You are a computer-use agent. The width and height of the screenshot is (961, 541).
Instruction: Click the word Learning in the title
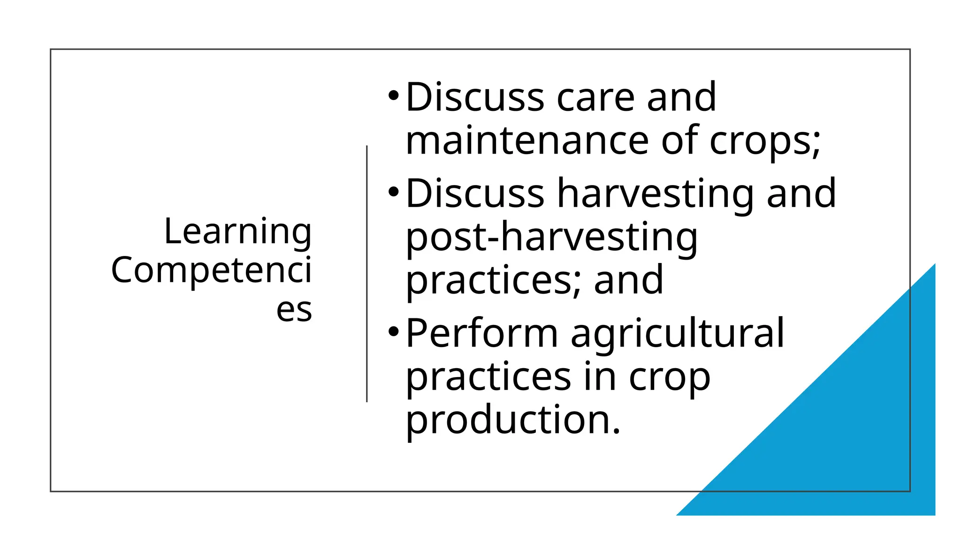[x=237, y=232]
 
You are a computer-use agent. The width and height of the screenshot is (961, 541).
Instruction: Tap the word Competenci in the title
[x=211, y=270]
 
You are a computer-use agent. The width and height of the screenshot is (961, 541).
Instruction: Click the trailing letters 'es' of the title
[x=294, y=309]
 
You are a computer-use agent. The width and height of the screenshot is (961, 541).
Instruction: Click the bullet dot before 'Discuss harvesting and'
[x=393, y=192]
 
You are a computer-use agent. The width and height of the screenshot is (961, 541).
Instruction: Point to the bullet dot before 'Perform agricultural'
[x=393, y=332]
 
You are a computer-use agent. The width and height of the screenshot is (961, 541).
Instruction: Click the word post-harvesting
[x=551, y=237]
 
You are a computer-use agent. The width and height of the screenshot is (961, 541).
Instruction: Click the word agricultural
[x=677, y=334]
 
